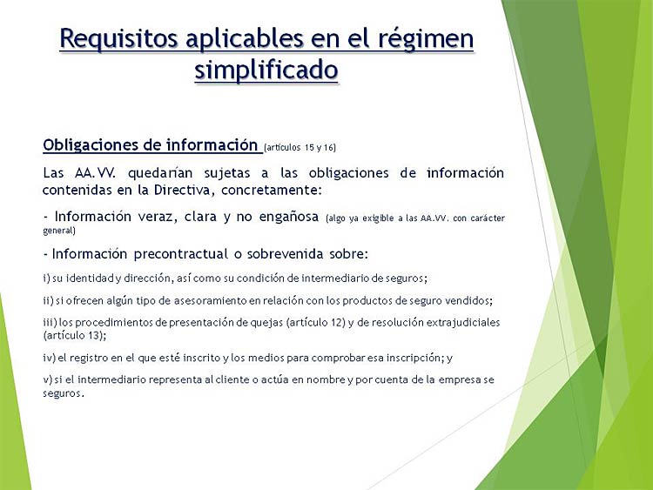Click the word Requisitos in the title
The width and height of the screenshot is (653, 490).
point(118,39)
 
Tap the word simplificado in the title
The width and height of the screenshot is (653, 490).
point(266,70)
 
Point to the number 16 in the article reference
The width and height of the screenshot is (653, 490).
point(329,147)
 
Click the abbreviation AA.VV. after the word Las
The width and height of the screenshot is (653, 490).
point(96,173)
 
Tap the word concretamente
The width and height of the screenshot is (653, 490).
point(272,191)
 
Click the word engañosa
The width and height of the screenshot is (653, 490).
point(288,217)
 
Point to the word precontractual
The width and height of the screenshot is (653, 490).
point(181,254)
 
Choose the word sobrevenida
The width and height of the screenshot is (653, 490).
point(285,254)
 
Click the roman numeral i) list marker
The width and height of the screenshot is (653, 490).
point(47,279)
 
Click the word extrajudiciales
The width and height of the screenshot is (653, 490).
point(463,323)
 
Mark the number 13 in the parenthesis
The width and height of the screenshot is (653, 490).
point(94,336)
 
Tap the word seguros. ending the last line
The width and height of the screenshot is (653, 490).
point(64,393)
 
